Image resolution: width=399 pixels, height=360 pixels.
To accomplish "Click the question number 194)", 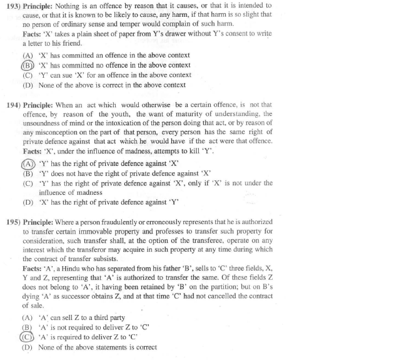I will pos(11,105).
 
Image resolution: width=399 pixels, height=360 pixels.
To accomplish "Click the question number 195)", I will pos(11,224).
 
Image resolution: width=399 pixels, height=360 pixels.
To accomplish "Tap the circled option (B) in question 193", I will pos(28,65).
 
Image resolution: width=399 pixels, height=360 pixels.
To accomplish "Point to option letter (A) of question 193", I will pos(28,55).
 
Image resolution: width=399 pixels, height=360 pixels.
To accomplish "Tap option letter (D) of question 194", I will pos(28,202).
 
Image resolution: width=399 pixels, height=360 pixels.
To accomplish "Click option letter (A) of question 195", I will pos(28,317).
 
